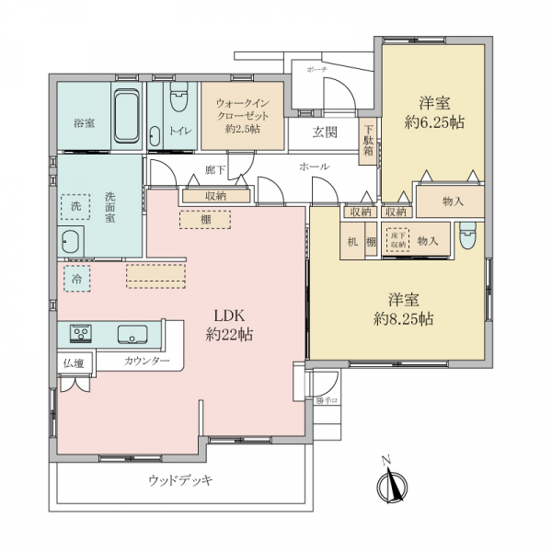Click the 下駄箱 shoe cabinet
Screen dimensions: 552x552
(x=368, y=144)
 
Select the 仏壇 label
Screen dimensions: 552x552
(x=74, y=363)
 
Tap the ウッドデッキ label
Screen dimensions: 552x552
(x=180, y=480)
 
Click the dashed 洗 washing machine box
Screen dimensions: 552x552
(x=75, y=207)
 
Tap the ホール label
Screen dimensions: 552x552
(x=308, y=167)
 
